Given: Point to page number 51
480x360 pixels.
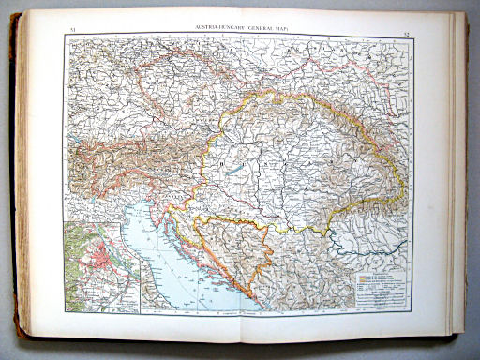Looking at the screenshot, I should click(74, 32).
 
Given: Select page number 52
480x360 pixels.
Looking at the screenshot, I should click(405, 33).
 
